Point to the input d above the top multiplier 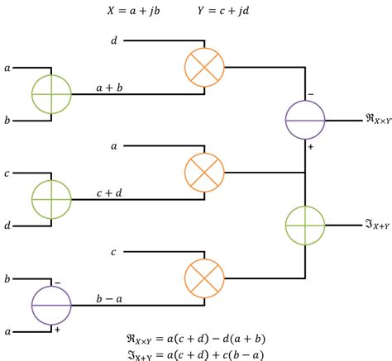[114, 40]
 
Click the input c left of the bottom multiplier [114, 251]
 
